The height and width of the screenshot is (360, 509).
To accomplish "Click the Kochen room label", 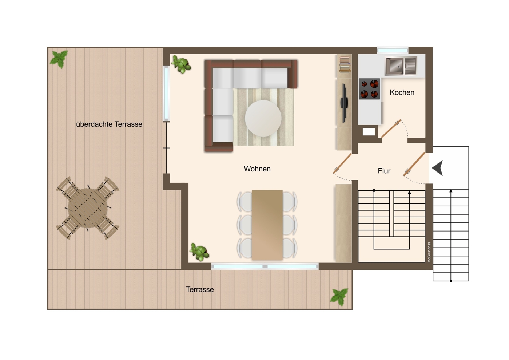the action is coord(402,92).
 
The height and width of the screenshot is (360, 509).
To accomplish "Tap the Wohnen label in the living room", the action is coord(257,169).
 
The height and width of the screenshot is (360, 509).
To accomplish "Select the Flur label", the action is coord(384,171).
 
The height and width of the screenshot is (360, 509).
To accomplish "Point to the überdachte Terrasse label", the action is coord(109,124).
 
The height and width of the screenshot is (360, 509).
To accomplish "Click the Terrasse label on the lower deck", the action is coord(200,289).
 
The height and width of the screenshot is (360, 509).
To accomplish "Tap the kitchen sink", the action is coord(401,66).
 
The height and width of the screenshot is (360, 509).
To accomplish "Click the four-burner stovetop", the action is coord(369,89).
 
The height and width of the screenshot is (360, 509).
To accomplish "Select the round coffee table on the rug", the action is coord(263,118).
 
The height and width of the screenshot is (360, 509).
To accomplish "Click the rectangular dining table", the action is coord(267,225).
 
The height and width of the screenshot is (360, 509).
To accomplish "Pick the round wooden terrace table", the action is coord(88,208).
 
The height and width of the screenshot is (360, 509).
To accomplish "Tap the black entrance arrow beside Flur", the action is coord(438,168).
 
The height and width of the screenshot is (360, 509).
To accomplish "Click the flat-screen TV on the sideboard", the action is coord(344,103).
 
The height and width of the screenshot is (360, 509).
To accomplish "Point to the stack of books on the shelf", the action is coord(345,64).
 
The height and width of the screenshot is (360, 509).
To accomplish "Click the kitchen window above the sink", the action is coord(393,50).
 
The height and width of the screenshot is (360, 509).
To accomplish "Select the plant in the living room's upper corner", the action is coord(181,64).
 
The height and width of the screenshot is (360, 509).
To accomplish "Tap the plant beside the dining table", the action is coord(199,252).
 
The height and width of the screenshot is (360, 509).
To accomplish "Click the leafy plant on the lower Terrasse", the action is coord(339,297).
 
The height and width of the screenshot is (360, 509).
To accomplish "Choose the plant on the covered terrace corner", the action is coord(59,59).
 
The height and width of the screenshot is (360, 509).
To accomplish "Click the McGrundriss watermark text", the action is coord(429,252).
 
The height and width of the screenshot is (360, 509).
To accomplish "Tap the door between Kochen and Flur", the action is coord(391,128).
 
